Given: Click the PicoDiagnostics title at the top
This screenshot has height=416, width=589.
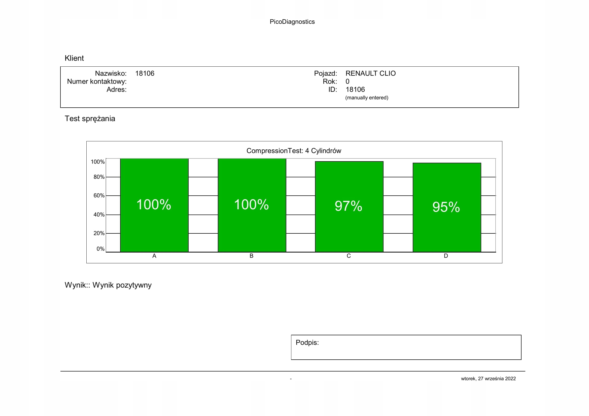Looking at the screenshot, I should click(292, 22).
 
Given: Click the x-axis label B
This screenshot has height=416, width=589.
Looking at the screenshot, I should click(251, 256).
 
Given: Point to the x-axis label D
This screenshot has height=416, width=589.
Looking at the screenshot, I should click(446, 256).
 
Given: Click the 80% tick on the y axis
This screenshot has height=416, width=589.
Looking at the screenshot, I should click(99, 177).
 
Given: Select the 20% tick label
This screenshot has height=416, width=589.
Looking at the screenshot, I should click(99, 233).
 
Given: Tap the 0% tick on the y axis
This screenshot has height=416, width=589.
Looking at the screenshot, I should click(100, 249).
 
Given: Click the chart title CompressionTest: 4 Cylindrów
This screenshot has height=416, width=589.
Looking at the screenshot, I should click(294, 151).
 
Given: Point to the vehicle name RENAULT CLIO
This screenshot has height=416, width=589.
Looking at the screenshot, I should click(370, 73).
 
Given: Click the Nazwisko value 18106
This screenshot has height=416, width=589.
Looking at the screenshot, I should click(145, 73).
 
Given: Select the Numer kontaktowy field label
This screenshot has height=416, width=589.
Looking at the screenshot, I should click(97, 81).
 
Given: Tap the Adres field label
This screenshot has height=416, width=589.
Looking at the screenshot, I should click(117, 90).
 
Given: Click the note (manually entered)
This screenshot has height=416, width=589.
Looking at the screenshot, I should click(367, 98).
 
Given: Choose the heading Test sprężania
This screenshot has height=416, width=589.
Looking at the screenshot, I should click(90, 119).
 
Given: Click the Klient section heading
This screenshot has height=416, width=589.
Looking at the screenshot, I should click(74, 58).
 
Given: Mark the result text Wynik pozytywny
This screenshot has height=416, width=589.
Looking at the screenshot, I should click(122, 285).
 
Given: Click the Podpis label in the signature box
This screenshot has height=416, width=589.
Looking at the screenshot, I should click(307, 343).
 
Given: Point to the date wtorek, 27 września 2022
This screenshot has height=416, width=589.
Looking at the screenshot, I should click(488, 379).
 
